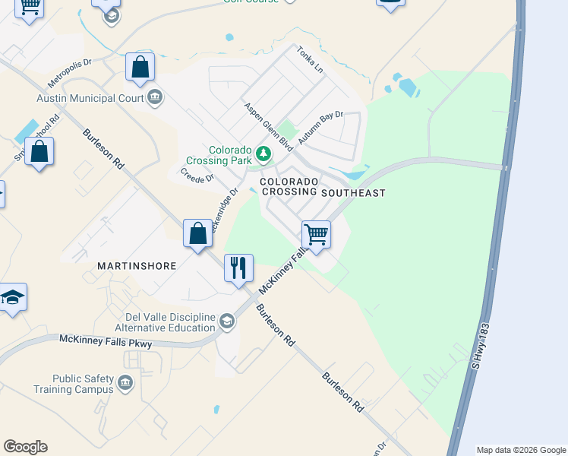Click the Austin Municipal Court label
point(90,98)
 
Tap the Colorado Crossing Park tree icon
point(263,154)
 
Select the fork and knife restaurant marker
point(238,268)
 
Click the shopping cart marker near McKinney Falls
point(316,234)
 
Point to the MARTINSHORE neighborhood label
point(137,266)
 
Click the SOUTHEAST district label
point(353,193)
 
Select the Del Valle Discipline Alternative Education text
point(171,323)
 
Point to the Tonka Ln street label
point(310,59)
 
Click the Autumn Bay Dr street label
point(320,128)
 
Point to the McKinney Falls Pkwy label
point(106,342)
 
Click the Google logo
point(25,447)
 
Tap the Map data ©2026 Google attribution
point(521,450)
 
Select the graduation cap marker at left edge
point(11,297)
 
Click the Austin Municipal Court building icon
point(155,97)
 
